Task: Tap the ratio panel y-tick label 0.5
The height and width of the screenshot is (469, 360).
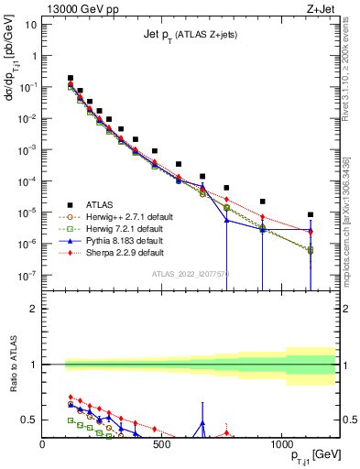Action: point(29,420)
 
